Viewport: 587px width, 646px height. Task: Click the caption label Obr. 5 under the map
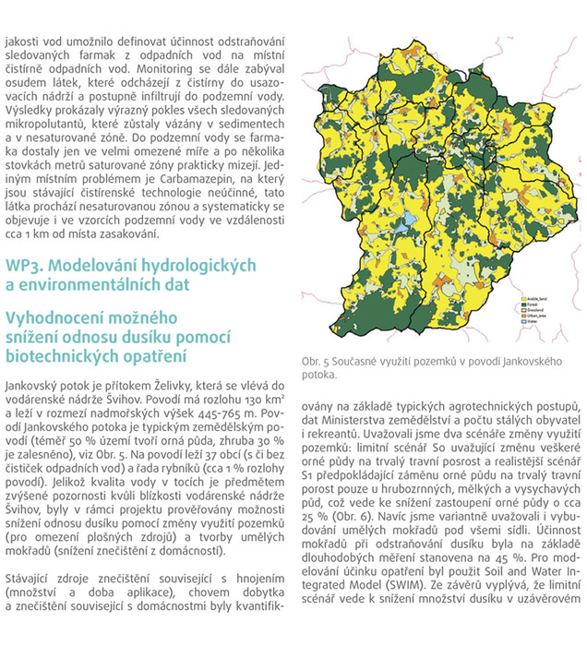(x=320, y=361)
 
